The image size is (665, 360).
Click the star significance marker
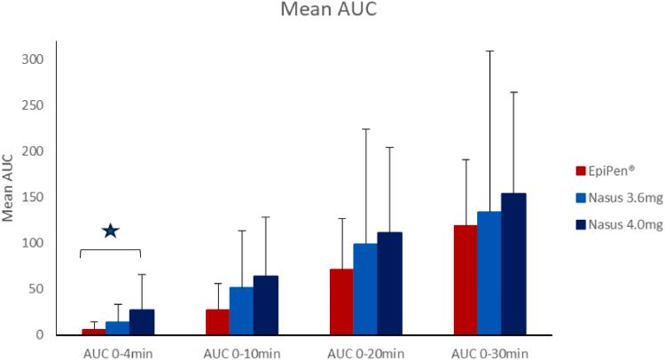pos(110,231)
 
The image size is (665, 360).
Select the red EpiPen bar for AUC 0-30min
pos(465,279)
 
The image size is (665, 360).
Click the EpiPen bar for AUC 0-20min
pos(341,301)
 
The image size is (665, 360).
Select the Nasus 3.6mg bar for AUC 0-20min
pos(365,289)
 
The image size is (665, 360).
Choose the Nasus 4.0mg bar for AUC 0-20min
pos(389,284)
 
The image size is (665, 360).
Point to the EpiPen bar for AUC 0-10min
pos(217,322)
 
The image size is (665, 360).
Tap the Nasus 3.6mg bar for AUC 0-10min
pos(241,311)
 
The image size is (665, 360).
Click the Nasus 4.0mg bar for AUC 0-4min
pos(142,322)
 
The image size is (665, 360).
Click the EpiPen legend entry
pos(606,170)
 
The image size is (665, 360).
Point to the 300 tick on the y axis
pos(34,59)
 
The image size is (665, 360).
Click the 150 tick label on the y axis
pos(34,197)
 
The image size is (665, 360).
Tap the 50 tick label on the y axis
pos(36,289)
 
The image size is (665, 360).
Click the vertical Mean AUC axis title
pos(8,189)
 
